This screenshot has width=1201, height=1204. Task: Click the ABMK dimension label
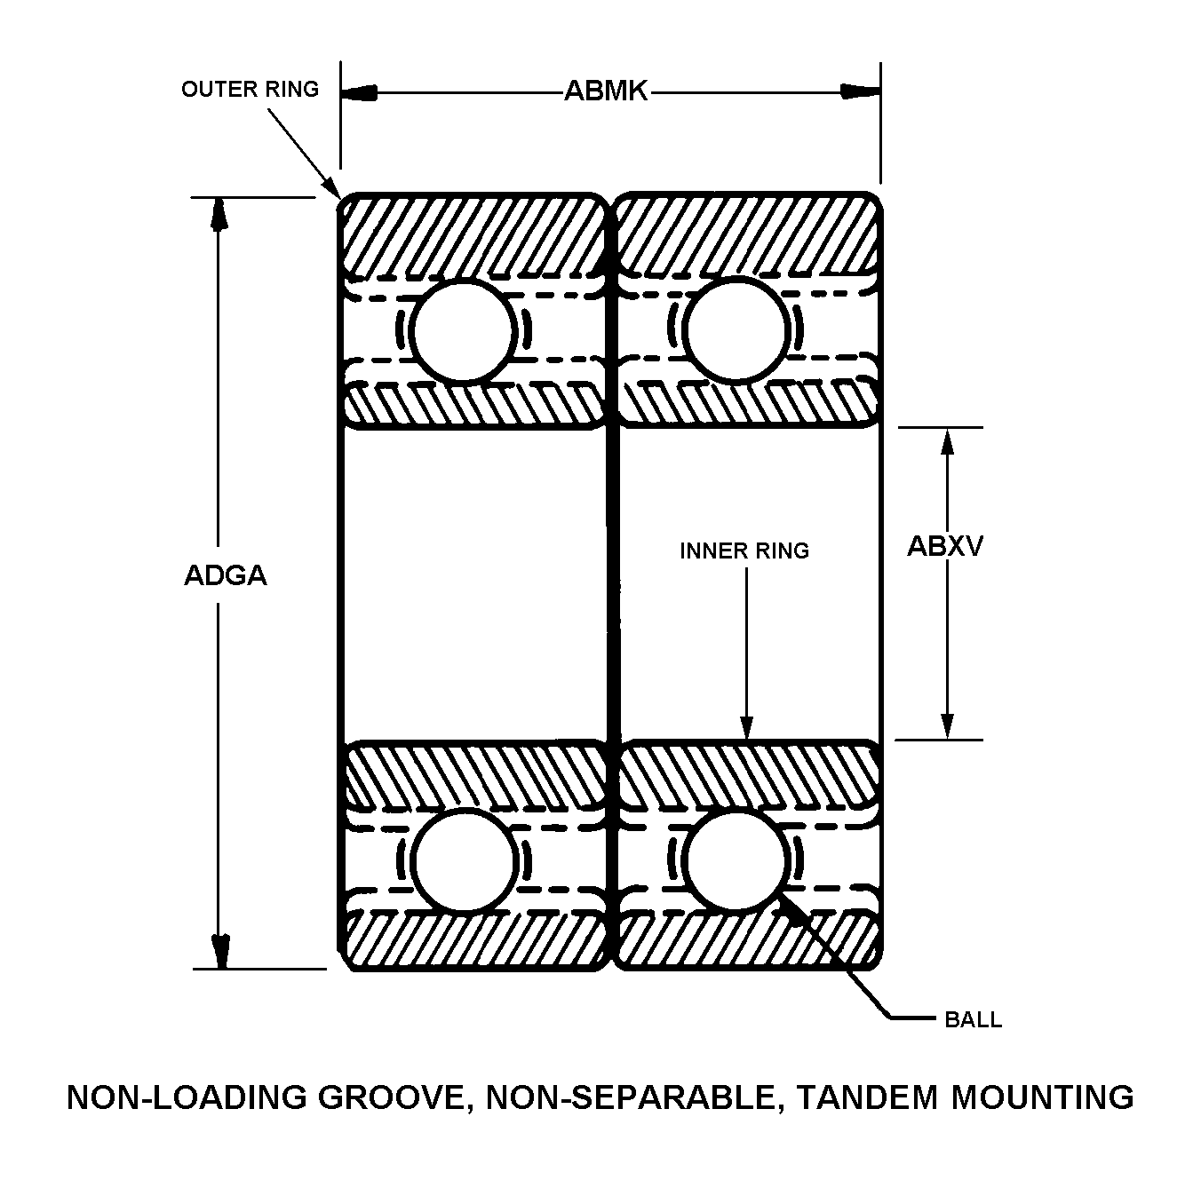(606, 91)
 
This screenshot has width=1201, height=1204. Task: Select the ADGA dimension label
(225, 575)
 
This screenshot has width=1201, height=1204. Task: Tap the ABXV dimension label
(944, 546)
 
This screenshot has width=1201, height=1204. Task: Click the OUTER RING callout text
(250, 89)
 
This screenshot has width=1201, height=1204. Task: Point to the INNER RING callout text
(744, 551)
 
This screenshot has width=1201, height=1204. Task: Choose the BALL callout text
(973, 1020)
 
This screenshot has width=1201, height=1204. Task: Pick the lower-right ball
(737, 859)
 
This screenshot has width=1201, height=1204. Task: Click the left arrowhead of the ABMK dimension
(359, 92)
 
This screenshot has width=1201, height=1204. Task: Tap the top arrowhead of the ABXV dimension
(948, 442)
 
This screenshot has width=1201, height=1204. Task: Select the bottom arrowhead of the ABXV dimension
(948, 725)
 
